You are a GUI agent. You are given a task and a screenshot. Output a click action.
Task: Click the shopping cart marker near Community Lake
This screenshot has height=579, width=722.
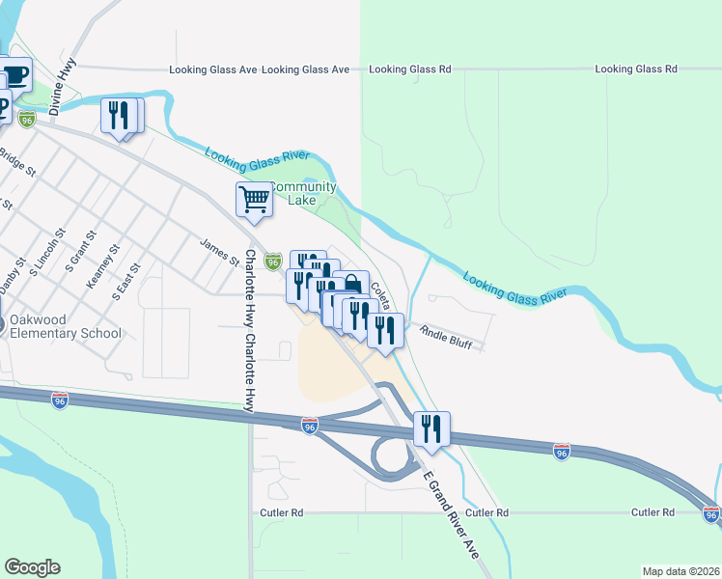254,199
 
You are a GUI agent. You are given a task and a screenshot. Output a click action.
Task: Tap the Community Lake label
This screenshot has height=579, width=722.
303,193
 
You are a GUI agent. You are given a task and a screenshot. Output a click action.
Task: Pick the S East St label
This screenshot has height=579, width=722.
126,281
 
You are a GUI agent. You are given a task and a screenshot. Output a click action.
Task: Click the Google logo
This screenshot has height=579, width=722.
32,567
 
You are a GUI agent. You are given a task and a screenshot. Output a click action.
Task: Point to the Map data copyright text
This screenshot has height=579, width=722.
680,571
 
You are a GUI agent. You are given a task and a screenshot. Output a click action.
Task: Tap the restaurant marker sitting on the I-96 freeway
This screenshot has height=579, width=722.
431,428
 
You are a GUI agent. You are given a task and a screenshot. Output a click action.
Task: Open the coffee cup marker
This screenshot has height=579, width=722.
14,74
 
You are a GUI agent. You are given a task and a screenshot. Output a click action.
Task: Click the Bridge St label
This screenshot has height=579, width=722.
16,162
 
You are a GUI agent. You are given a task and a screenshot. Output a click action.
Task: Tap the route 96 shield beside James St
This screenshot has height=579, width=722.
273,261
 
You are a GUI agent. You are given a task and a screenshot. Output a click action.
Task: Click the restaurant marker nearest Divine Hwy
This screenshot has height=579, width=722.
119,116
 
